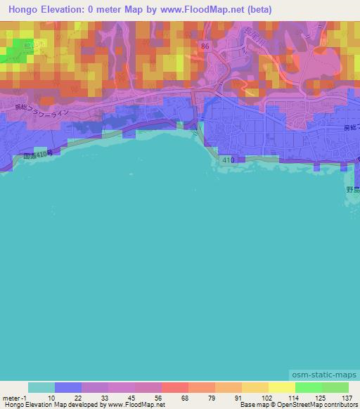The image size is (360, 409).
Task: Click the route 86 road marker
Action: [x=205, y=46]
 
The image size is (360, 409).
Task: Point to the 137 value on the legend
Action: [x=346, y=398]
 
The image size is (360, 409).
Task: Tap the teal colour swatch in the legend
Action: [x=41, y=387]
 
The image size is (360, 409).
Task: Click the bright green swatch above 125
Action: [x=308, y=387]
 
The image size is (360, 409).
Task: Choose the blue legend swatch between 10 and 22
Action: [x=68, y=387]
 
